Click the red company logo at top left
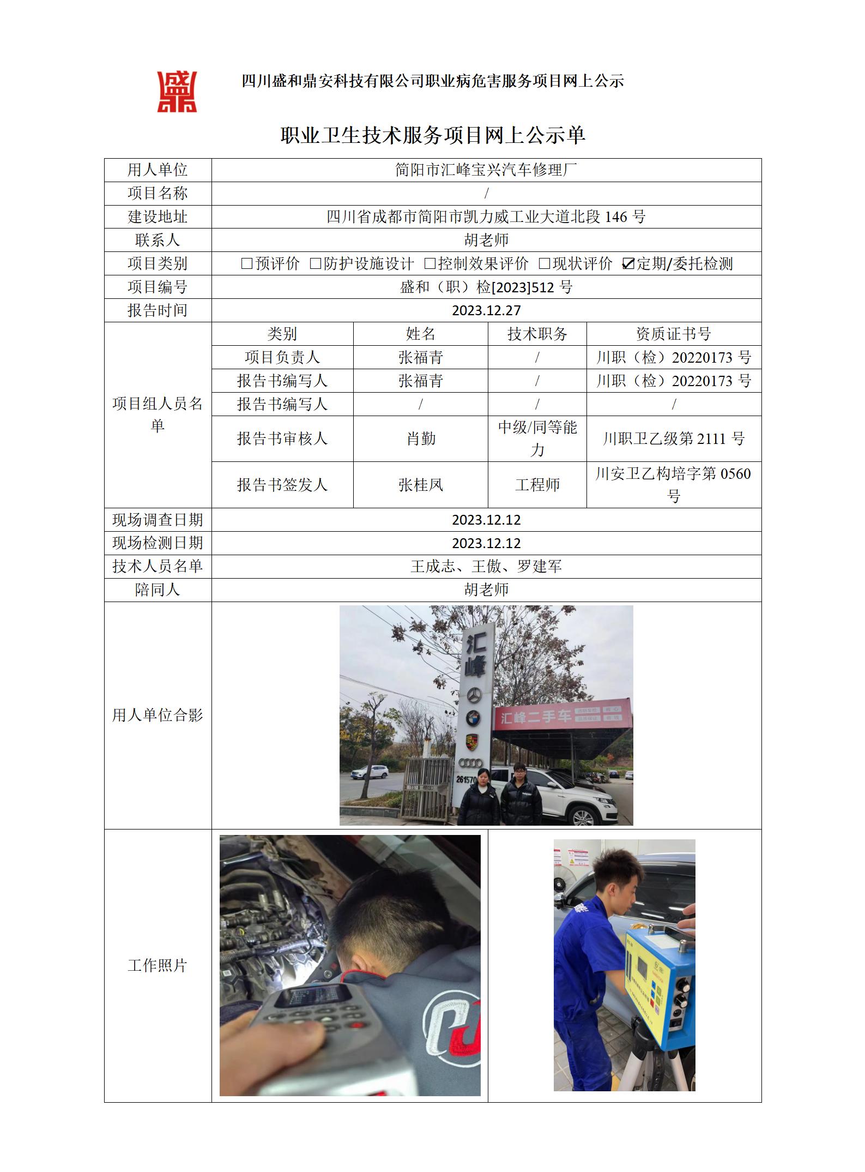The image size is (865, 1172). coord(177,92)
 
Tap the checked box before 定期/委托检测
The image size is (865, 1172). coord(628,264)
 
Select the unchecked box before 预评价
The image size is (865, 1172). coord(246,264)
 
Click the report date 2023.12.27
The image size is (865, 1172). coord(486,310)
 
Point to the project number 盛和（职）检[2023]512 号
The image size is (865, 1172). coord(486,287)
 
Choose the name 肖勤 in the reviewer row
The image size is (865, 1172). coord(421,438)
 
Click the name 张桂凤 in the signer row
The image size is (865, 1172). coord(421,484)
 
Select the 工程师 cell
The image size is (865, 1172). coord(537,484)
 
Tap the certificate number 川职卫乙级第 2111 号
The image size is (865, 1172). coord(674,438)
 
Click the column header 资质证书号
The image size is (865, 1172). coord(674,334)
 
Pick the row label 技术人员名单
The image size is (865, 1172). coord(158,566)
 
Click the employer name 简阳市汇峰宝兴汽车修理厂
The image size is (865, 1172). coord(486,170)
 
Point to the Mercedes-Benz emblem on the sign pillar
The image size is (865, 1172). coord(474,695)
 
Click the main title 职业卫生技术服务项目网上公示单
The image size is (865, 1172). coord(433,135)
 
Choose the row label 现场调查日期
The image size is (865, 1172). coord(158,520)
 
